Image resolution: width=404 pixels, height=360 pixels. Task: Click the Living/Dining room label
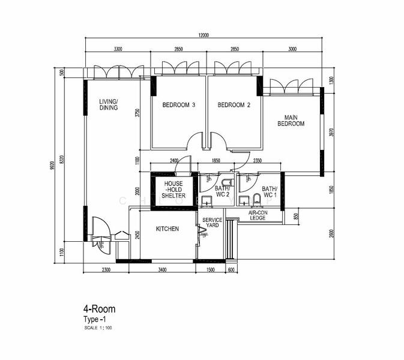tap(109, 105)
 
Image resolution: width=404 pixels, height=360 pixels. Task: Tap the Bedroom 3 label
tap(178, 105)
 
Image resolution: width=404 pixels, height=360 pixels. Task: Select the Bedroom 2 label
tap(234, 105)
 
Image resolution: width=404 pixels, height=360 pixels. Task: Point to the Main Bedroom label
tap(291, 121)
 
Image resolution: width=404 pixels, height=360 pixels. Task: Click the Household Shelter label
tap(173, 190)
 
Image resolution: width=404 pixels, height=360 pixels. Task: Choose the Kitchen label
tap(167, 229)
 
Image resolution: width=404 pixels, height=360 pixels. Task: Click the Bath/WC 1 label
tap(269, 192)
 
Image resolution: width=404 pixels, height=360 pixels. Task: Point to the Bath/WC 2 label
tap(222, 192)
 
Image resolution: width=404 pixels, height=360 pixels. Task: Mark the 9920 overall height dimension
tap(53, 163)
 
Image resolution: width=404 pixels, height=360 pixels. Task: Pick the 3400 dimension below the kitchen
tap(162, 270)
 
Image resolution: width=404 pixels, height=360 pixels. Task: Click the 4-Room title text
tap(100, 309)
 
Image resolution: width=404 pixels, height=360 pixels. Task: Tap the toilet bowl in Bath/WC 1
tap(256, 199)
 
